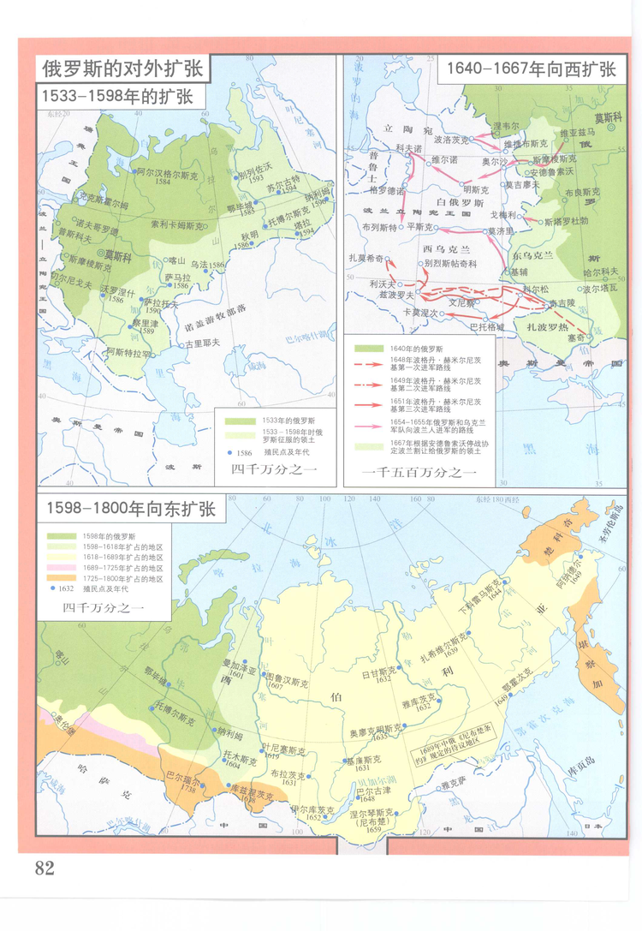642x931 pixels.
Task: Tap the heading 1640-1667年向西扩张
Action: point(526,69)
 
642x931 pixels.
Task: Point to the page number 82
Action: point(45,868)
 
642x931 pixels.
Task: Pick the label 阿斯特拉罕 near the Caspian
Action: point(128,351)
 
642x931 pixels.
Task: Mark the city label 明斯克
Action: point(476,189)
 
